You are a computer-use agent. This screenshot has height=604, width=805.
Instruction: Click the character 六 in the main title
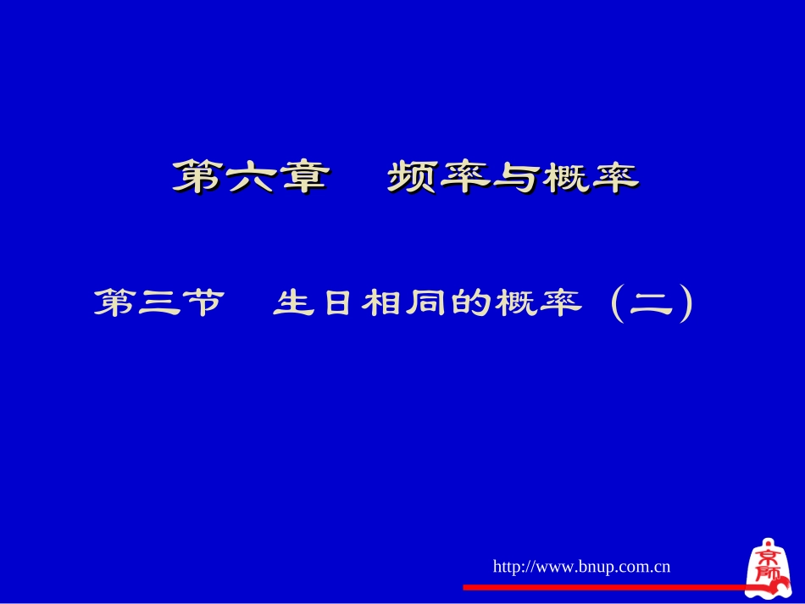252,177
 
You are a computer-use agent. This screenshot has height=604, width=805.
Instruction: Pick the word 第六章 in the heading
252,177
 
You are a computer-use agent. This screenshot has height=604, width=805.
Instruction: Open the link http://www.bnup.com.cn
581,566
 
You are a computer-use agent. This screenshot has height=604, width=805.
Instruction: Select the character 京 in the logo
769,558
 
